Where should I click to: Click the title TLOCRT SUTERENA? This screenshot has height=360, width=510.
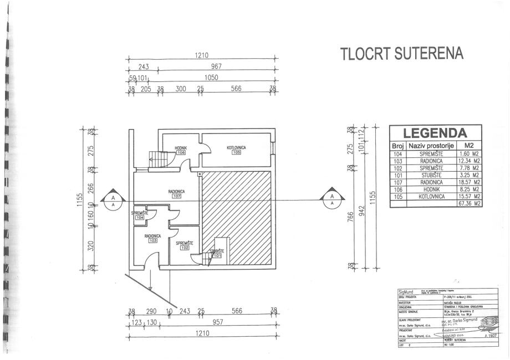[x=401, y=54]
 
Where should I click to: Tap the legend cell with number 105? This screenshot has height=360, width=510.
[x=397, y=196]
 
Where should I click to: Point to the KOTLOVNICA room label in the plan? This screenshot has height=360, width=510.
[x=236, y=147]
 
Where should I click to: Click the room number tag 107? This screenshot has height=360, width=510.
[x=177, y=197]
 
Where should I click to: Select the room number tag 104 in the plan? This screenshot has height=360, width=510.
[x=139, y=218]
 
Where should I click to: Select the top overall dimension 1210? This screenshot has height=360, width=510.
[x=201, y=55]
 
